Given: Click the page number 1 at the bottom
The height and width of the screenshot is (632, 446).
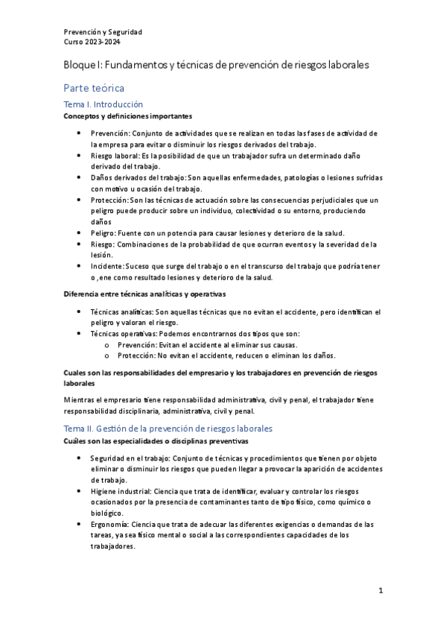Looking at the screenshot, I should [x=380, y=591].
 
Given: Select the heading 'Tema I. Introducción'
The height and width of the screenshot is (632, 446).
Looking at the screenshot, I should [x=103, y=105].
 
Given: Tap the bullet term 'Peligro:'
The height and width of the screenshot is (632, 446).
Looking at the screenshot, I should [x=105, y=233].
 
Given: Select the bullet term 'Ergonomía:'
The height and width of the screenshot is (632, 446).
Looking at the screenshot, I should [x=113, y=524].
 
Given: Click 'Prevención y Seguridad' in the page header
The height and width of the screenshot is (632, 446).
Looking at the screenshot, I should [x=103, y=32].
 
